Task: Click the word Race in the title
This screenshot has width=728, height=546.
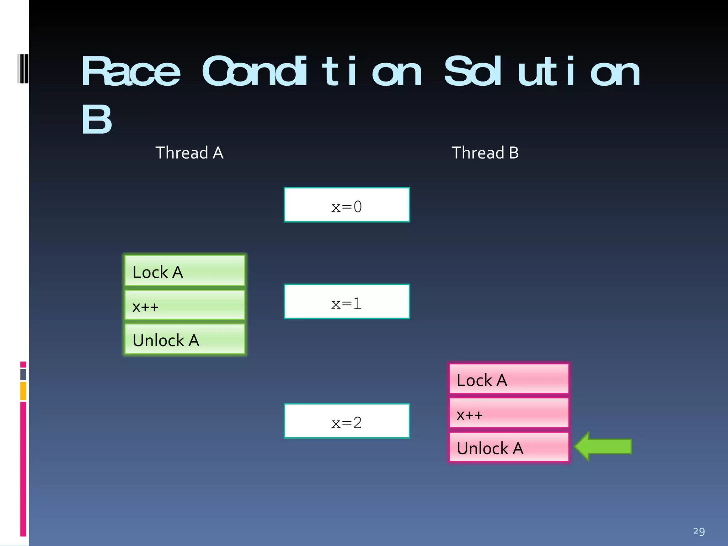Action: [x=130, y=72]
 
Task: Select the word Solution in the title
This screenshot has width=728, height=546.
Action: [x=542, y=72]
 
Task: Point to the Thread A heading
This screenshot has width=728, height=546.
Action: [x=189, y=153]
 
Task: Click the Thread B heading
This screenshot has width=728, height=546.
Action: [x=485, y=153]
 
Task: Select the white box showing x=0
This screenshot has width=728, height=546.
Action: [x=347, y=205]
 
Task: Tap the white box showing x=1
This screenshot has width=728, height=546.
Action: [x=347, y=301]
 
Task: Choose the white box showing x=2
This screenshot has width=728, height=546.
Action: [x=347, y=421]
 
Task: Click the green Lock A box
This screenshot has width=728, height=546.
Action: [x=185, y=271]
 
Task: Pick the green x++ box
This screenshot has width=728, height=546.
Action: [x=185, y=305]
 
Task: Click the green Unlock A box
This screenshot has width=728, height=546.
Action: [x=185, y=339]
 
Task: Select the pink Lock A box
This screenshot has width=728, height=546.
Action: [x=509, y=379]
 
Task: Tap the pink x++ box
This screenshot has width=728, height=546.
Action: [x=509, y=413]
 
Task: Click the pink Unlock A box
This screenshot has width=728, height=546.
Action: [x=509, y=447]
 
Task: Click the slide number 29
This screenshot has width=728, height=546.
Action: [x=698, y=531]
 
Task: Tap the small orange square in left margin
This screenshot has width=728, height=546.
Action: [x=23, y=391]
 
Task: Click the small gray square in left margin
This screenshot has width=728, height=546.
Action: [x=23, y=374]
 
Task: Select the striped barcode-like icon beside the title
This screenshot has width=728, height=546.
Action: [x=23, y=69]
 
